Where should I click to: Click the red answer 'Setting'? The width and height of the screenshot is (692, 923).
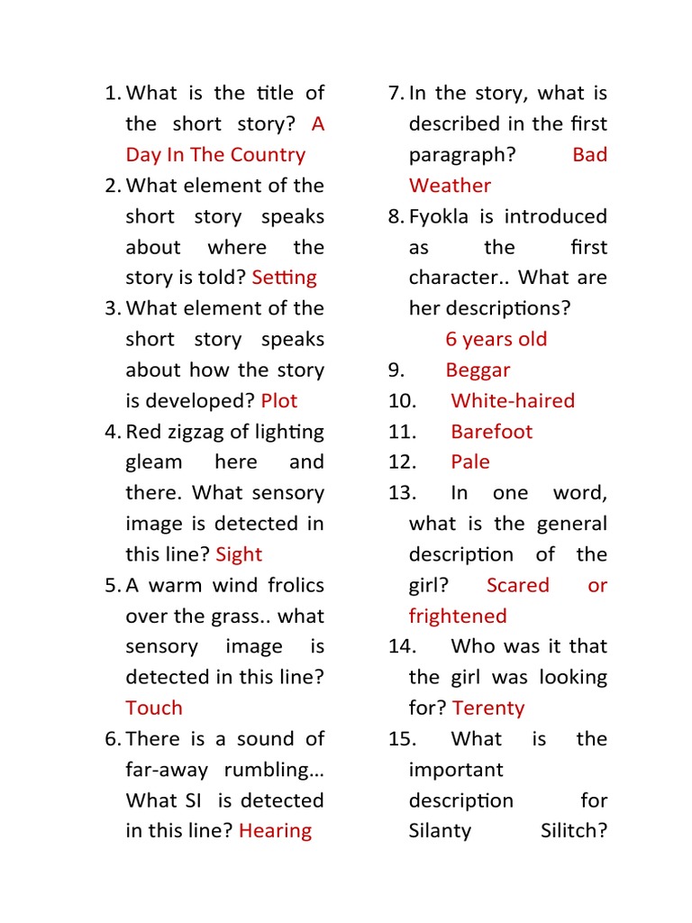[284, 278]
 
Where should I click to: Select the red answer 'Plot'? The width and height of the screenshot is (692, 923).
[278, 400]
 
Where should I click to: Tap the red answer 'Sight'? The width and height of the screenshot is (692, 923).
[239, 554]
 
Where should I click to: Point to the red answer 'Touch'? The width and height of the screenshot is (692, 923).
[154, 708]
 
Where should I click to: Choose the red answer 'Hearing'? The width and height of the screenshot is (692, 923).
[275, 831]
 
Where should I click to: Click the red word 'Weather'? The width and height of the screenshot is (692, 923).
[450, 186]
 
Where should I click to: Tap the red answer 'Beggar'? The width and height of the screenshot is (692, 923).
[478, 370]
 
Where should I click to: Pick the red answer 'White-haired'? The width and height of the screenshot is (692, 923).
[512, 400]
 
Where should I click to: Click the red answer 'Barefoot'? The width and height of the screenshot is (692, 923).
[491, 431]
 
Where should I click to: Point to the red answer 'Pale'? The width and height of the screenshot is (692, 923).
[470, 461]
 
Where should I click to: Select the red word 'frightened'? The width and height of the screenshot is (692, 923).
[458, 616]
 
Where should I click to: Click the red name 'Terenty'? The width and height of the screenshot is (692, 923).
[488, 708]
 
